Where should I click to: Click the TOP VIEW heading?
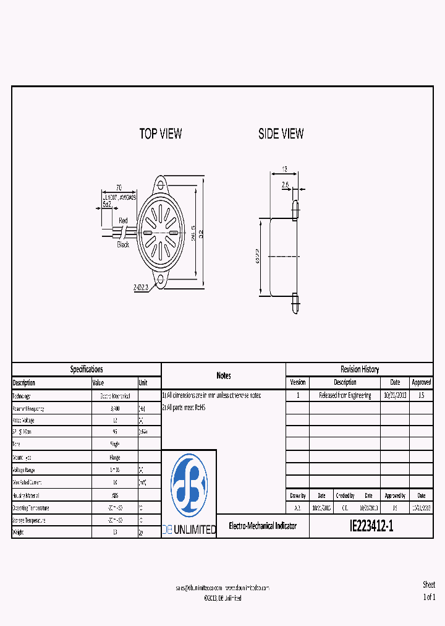pyautogui.click(x=161, y=134)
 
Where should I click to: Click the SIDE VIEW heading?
pyautogui.click(x=281, y=134)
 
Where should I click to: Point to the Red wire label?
pyautogui.click(x=123, y=221)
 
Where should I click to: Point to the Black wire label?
pyautogui.click(x=124, y=245)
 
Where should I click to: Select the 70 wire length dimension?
pyautogui.click(x=119, y=187)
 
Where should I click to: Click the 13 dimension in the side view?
pyautogui.click(x=284, y=169)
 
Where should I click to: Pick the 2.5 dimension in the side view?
pyautogui.click(x=285, y=184)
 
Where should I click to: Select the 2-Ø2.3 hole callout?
pyautogui.click(x=142, y=288)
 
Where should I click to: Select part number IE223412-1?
pyautogui.click(x=371, y=526)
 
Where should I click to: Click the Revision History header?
pyautogui.click(x=360, y=369)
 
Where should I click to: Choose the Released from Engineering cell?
pyautogui.click(x=345, y=395)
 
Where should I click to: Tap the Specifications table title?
pyautogui.click(x=87, y=369)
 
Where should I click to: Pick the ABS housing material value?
pyautogui.click(x=115, y=495)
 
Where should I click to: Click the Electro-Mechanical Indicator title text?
pyautogui.click(x=263, y=526)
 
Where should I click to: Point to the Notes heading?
pyautogui.click(x=224, y=375)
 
